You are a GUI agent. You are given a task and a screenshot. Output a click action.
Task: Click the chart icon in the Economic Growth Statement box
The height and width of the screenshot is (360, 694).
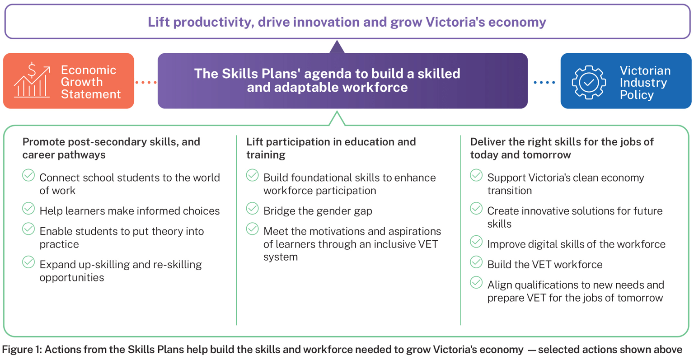tap(32, 80)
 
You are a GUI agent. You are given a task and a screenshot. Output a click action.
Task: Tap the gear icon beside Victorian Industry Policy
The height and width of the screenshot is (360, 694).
tap(589, 82)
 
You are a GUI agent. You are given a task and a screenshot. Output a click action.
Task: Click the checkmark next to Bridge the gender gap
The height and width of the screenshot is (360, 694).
tap(253, 209)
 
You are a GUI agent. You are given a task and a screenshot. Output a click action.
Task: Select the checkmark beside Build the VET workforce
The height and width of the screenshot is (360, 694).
tap(476, 262)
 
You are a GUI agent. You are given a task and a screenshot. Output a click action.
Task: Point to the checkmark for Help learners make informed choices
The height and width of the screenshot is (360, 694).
tap(28, 209)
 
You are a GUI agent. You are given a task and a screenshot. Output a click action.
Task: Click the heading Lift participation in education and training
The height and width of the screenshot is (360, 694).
tap(331, 148)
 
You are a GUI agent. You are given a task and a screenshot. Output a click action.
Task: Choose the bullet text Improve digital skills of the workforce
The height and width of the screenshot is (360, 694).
tap(576, 244)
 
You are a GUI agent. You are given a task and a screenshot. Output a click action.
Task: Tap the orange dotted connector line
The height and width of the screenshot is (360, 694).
tap(145, 83)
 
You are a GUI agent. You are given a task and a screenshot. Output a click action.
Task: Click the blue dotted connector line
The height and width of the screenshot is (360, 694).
tap(544, 83)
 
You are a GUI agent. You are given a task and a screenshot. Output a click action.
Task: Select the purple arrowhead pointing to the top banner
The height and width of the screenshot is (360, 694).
tap(337, 47)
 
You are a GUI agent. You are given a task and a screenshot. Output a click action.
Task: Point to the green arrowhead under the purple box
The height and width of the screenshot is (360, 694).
tap(337, 119)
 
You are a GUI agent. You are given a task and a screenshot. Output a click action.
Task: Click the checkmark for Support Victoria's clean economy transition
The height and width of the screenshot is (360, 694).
tap(476, 175)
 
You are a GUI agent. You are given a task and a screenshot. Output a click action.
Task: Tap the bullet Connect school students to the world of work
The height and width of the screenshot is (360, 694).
tap(130, 184)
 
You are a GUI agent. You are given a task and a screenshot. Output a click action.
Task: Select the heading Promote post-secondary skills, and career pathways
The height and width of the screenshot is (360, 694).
tap(111, 148)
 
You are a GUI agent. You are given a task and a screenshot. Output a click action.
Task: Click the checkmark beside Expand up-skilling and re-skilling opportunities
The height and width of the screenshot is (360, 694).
tap(28, 262)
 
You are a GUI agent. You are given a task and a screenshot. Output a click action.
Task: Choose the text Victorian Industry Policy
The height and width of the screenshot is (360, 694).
tap(645, 83)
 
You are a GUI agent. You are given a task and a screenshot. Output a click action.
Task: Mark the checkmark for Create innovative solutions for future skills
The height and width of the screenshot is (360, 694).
tap(476, 209)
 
